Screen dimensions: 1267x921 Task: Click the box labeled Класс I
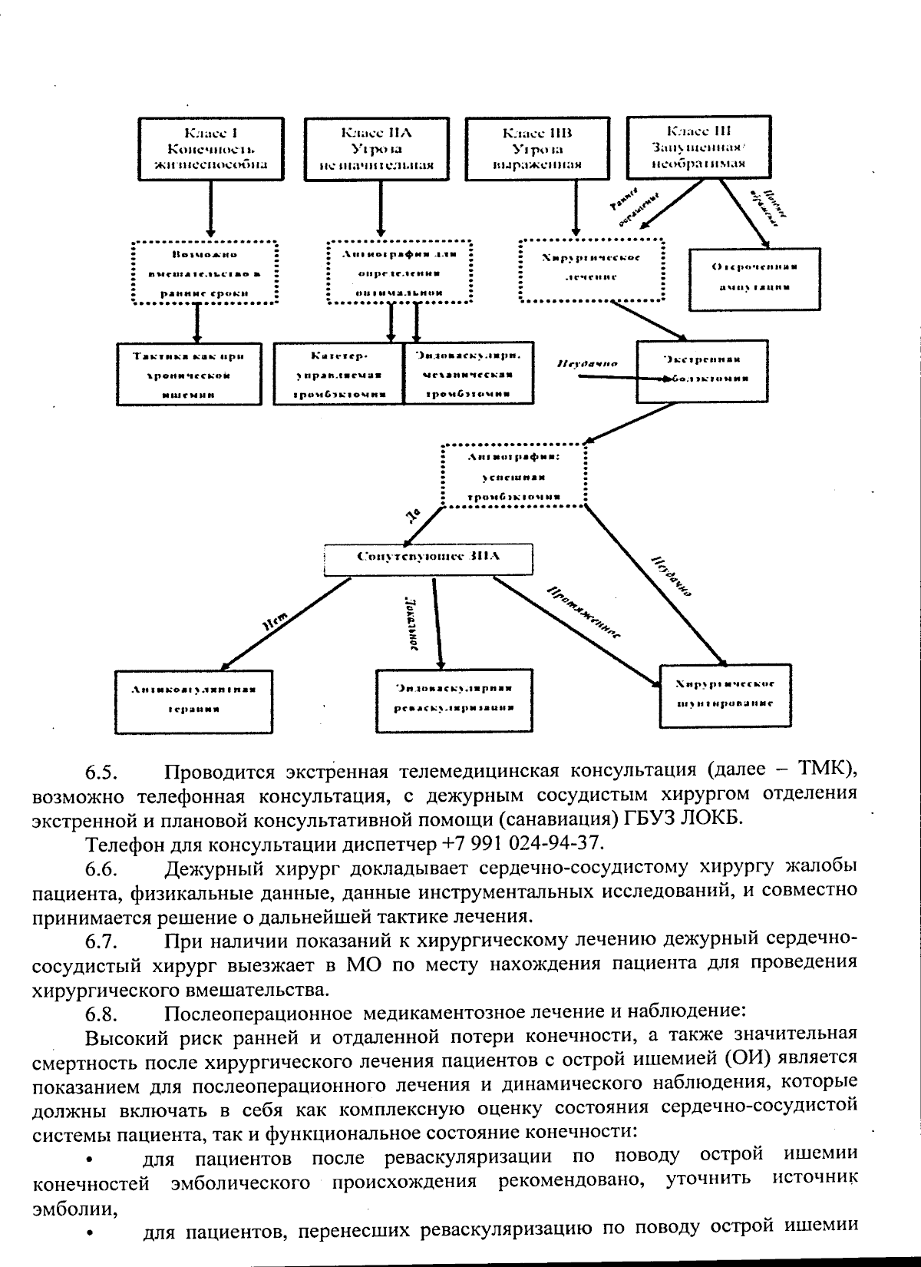(211, 148)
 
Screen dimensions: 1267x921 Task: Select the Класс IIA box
(381, 148)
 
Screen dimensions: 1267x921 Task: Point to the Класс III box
(699, 147)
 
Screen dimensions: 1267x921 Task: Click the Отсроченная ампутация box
(754, 279)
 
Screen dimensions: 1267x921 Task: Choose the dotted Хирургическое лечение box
(591, 270)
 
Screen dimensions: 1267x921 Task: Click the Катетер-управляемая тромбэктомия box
(339, 374)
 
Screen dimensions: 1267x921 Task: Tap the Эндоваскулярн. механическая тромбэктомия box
(468, 374)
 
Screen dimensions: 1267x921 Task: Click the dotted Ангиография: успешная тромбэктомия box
(514, 475)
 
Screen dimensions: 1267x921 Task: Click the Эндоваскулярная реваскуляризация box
(454, 699)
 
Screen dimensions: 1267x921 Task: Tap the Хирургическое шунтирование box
(725, 694)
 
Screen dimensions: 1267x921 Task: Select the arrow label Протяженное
(584, 613)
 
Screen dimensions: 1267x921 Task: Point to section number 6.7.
(101, 940)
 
